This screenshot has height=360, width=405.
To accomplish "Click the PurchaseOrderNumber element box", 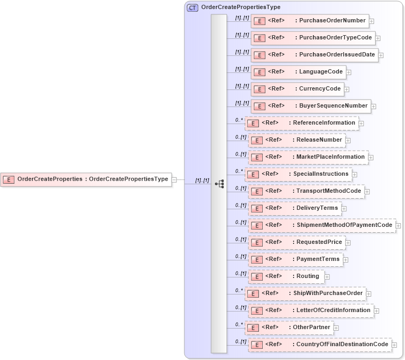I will tap(310, 21).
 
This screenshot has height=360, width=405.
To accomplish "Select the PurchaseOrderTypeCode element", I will tap(313, 38).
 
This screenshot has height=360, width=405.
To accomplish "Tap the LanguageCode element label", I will tap(321, 72).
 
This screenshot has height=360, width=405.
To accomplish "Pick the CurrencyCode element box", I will tap(298, 89).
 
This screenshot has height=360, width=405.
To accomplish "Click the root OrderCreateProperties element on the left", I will tap(85, 179).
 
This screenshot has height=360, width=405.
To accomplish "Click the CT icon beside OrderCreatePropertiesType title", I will tap(192, 7).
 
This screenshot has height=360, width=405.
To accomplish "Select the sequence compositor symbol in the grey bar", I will tap(219, 184).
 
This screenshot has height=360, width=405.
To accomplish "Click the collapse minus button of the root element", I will tap(174, 179).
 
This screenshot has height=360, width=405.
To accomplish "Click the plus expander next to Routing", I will tap(327, 276).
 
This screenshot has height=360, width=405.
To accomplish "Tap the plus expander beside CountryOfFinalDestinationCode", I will tap(394, 345).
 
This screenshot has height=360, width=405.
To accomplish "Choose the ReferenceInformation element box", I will tap(302, 123).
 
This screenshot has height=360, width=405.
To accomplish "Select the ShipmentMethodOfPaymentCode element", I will tap(322, 225).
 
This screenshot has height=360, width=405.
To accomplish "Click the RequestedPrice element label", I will tap(319, 242).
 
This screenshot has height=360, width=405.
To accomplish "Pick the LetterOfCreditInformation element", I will tap(311, 310).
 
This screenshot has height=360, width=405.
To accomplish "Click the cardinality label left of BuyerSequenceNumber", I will tap(242, 103).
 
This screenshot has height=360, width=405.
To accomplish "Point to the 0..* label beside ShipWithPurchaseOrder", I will tap(239, 291).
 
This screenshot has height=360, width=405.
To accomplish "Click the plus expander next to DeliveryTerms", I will tap(344, 208).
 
